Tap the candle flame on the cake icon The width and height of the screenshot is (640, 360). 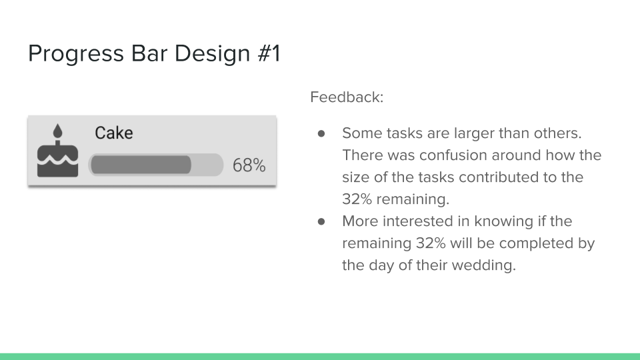click(57, 131)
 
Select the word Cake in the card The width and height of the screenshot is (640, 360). click(114, 133)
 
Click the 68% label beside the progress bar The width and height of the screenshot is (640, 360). click(249, 165)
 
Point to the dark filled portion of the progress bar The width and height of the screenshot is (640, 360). click(141, 165)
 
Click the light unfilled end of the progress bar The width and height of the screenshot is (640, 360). click(207, 165)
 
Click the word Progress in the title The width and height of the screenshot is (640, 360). click(76, 54)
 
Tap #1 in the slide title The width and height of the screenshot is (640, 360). click(269, 53)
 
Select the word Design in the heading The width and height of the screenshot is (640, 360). click(212, 54)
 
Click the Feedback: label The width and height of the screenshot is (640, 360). click(347, 97)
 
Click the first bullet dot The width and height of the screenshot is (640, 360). click(321, 133)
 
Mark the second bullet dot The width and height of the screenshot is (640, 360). click(321, 221)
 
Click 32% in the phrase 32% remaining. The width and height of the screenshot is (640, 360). click(357, 199)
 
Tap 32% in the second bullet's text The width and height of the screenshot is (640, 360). click(431, 243)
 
